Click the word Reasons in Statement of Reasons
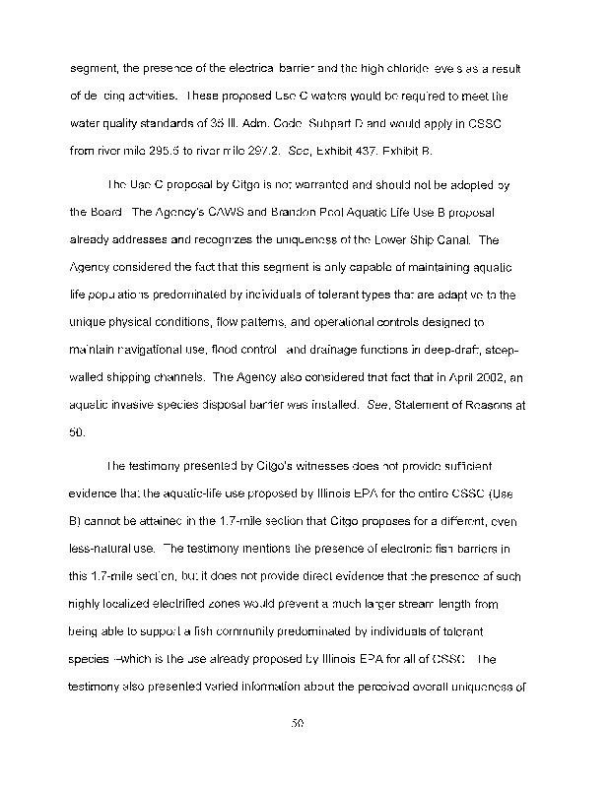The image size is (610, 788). click(475, 406)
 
